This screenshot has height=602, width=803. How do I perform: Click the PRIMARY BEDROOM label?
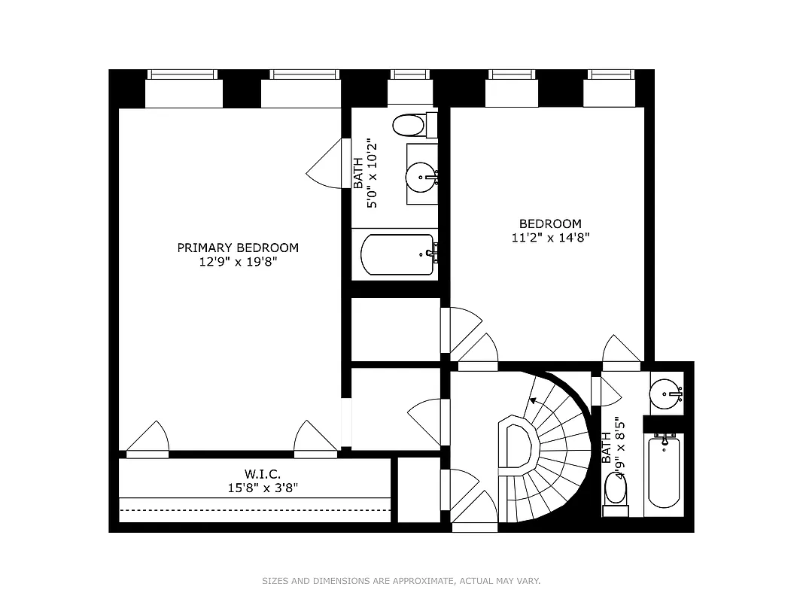tap(238, 248)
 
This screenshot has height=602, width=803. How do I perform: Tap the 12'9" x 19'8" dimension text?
tap(238, 263)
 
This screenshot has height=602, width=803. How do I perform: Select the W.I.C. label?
tap(262, 473)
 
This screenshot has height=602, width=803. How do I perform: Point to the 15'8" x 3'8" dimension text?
tap(262, 488)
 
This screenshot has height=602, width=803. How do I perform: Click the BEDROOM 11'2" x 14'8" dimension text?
tap(550, 238)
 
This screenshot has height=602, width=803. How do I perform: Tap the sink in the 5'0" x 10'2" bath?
tap(420, 178)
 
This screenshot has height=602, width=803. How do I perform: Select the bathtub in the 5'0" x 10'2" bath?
tap(397, 255)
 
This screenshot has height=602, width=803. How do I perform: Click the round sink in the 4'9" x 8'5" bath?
tap(665, 392)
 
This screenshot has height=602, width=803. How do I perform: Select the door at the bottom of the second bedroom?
tap(622, 351)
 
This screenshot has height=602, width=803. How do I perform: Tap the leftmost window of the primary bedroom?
tap(184, 74)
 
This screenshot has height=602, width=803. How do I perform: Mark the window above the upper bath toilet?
tap(410, 74)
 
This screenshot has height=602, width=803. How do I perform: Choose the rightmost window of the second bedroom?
tap(612, 74)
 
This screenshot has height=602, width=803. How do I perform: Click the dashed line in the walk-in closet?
tap(256, 509)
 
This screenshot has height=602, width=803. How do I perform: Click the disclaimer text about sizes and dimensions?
tap(401, 581)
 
